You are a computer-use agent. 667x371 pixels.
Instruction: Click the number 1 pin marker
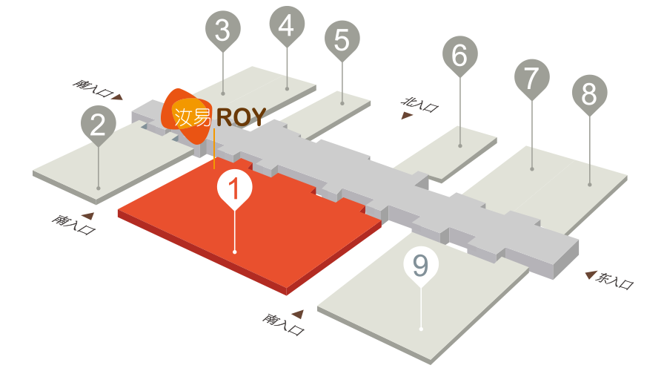coord(234,188)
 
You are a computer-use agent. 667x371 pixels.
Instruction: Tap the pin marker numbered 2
coord(99,125)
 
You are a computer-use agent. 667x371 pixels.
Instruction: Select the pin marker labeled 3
coord(223,30)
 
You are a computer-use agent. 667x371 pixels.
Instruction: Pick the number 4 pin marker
coord(287,25)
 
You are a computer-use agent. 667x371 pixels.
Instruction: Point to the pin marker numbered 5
coord(342,40)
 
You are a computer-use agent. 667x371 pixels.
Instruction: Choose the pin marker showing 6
coord(459,56)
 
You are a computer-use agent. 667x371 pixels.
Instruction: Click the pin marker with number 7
coord(531,79)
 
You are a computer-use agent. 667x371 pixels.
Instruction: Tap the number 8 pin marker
coord(589,94)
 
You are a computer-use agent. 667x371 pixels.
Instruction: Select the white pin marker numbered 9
coord(421,266)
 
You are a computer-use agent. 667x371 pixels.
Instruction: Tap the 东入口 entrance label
coord(615,280)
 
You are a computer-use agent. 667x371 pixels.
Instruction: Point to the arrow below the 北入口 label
coord(407,116)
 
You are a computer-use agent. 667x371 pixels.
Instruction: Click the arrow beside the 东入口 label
coord(591,275)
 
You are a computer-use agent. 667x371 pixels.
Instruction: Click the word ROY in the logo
coord(241,116)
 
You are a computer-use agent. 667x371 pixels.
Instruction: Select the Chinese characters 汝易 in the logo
coord(192,116)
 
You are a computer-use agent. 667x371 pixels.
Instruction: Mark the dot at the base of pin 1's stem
coord(234,252)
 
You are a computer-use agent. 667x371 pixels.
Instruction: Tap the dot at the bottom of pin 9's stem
coord(421,329)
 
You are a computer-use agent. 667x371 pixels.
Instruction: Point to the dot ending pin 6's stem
coord(459,145)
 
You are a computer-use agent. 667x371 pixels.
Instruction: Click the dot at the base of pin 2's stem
coord(99,188)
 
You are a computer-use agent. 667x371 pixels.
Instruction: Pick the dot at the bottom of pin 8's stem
coord(589,185)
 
